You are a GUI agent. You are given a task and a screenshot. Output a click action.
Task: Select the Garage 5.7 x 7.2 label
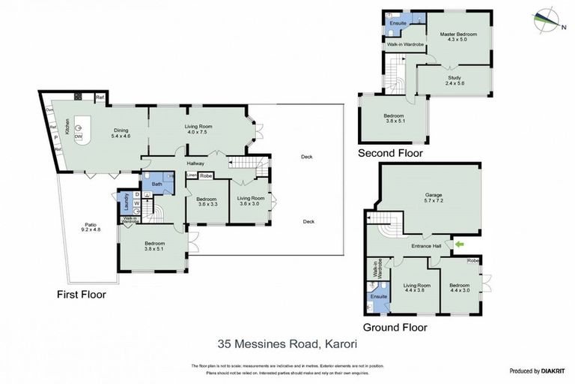[429, 197]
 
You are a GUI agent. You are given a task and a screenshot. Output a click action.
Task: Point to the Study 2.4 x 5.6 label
[454, 81]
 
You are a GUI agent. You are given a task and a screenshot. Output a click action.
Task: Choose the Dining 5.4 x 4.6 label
[121, 133]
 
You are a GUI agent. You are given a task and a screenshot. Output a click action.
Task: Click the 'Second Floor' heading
[390, 153]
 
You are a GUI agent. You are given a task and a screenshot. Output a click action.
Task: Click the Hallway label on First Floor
[195, 163]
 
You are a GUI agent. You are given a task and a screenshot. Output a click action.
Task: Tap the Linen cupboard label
[192, 175]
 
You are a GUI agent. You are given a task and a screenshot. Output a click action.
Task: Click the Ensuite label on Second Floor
[398, 23]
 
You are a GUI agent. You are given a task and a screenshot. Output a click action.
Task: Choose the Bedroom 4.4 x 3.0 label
[460, 289]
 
